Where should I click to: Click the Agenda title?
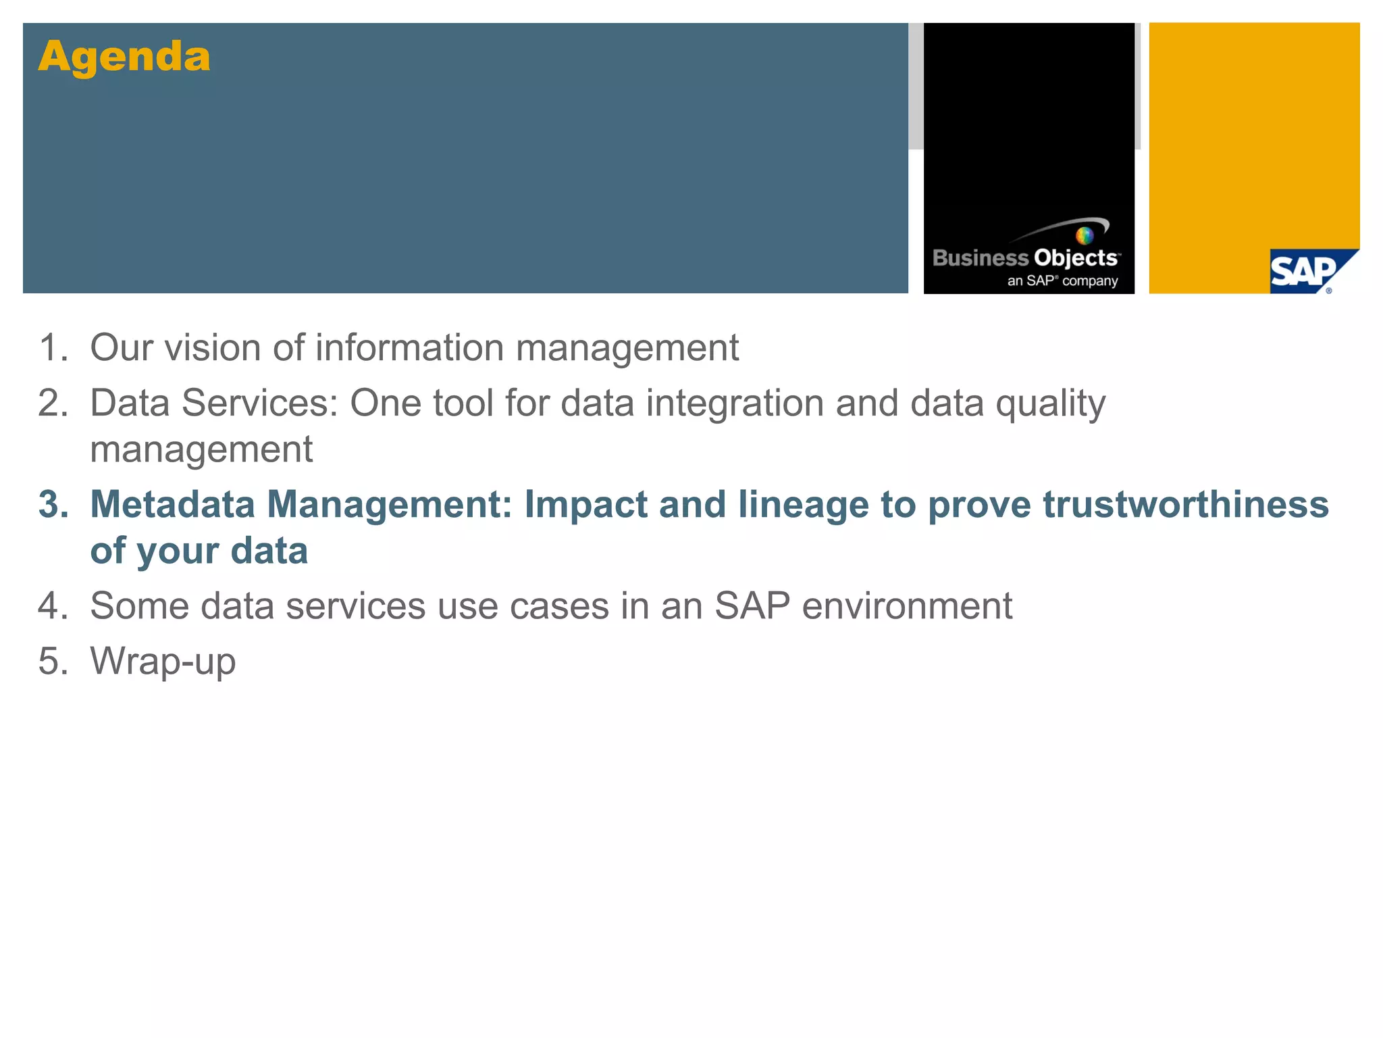(124, 57)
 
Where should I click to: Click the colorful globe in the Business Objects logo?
(1084, 236)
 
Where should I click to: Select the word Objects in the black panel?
(1075, 258)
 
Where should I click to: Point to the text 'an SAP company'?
(1062, 280)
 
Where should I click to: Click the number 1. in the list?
(53, 348)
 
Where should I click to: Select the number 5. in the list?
(53, 661)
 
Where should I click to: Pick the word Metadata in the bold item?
(172, 505)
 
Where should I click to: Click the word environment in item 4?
(907, 605)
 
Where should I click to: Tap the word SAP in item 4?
(752, 605)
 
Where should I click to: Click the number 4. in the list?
(53, 605)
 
